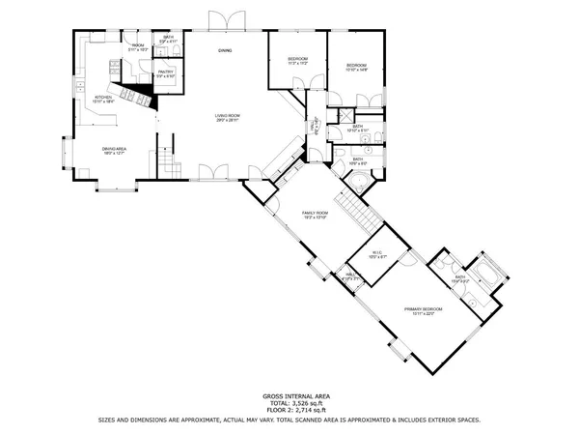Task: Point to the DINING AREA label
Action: coord(115,150)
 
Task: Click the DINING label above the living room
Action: coord(224,49)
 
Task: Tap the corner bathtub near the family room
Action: coord(359,182)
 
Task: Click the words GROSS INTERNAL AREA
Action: coord(289,396)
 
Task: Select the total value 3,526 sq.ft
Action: coord(289,404)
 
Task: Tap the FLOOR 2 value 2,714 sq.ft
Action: coord(289,412)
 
